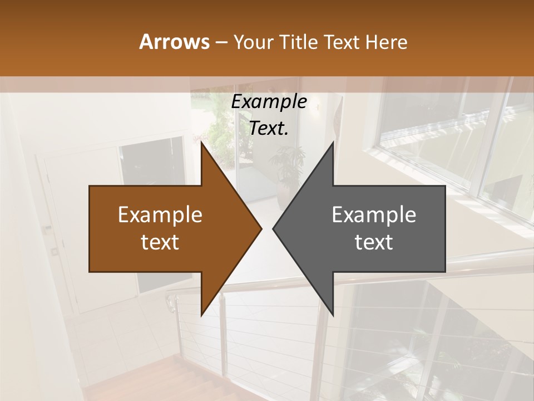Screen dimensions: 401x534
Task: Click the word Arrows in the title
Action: tap(174, 42)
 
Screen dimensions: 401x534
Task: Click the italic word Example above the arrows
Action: tap(269, 102)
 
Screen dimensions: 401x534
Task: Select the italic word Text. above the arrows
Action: tap(269, 129)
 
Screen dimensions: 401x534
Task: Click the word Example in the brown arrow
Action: tap(160, 214)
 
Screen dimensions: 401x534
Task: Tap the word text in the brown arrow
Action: tap(160, 242)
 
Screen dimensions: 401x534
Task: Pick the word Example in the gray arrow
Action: tap(374, 214)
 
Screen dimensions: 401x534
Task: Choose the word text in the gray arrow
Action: tap(374, 242)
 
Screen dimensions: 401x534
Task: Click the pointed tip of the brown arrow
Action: tap(261, 228)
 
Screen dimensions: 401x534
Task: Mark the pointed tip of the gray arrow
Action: tap(273, 228)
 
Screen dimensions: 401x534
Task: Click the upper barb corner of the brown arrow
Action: tap(201, 142)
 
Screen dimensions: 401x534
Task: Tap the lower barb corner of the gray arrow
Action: tap(333, 316)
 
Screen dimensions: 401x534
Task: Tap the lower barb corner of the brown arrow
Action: tap(201, 316)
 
